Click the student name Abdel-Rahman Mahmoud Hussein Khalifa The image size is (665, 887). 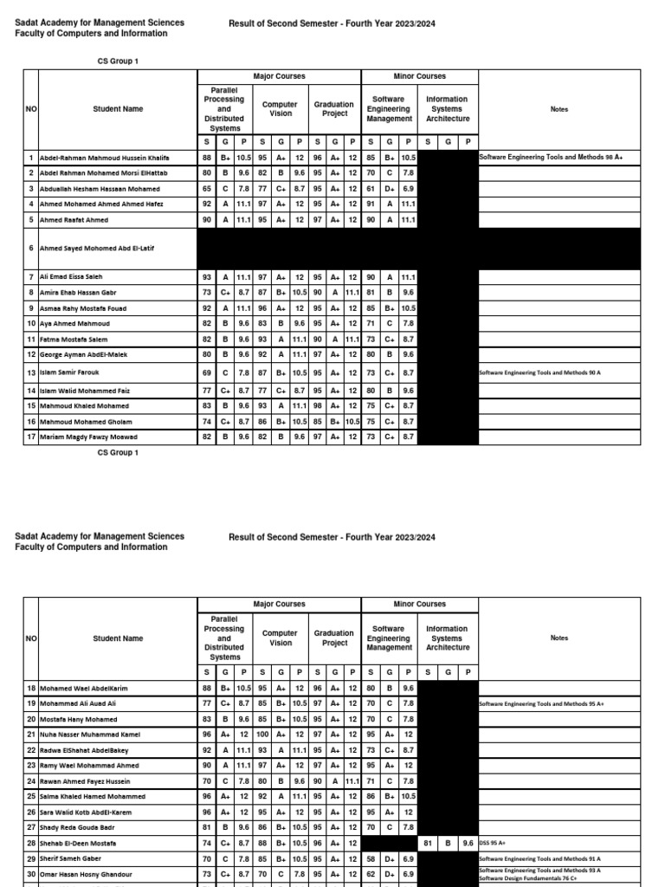[104, 159]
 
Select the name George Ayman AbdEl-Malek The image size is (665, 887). [83, 354]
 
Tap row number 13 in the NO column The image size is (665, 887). [31, 373]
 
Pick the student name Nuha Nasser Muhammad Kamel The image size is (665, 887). [88, 735]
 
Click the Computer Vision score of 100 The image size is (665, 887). [262, 735]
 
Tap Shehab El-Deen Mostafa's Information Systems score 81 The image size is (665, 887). [428, 843]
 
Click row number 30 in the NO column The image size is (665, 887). [31, 873]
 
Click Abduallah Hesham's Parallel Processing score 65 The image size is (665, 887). [207, 188]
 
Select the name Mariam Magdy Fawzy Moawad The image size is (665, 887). [88, 437]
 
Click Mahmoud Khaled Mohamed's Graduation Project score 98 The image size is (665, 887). [318, 406]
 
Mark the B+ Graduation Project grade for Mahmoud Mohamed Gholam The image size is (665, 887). [334, 422]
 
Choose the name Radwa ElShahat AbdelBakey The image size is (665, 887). [84, 750]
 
